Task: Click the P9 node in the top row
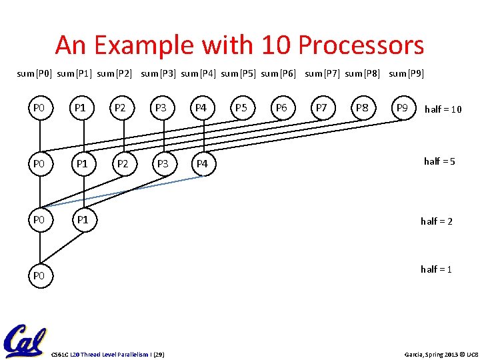click(x=402, y=107)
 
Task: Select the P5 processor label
click(x=241, y=107)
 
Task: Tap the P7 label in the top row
click(x=321, y=107)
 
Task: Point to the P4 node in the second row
click(x=201, y=163)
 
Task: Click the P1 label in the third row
click(x=81, y=220)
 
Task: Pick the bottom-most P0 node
click(x=39, y=275)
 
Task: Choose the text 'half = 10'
click(x=443, y=109)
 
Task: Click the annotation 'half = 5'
click(x=439, y=161)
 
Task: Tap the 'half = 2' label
click(x=436, y=221)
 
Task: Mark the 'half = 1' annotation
click(x=436, y=269)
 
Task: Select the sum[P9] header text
click(x=406, y=73)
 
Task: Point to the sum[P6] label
click(x=278, y=73)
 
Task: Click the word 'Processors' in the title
click(x=361, y=45)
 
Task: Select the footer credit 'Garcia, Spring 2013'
click(x=423, y=353)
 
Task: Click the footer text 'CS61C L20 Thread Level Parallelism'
click(x=99, y=353)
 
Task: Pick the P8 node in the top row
click(x=362, y=107)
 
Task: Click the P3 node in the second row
click(x=161, y=163)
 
